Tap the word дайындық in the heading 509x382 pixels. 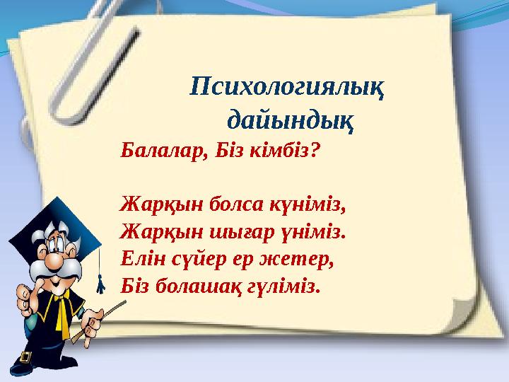291,120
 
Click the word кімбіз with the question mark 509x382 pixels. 286,151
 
